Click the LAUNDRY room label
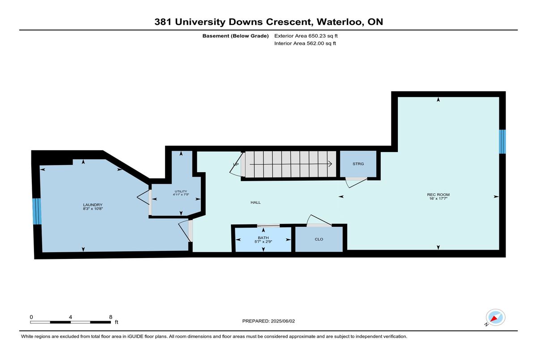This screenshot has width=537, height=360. coord(93,205)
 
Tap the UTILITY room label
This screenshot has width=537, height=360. coord(181,191)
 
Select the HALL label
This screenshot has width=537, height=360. coord(256,203)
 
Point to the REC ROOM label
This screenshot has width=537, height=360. coord(438,195)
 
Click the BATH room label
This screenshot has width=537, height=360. coord(263,237)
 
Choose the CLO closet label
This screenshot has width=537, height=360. coord(319,239)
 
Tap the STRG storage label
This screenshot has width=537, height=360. coord(358,164)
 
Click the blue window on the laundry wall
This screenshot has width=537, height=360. coord(37,211)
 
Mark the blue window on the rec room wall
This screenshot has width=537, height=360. coord(502,142)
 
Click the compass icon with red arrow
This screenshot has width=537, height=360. coord(495,318)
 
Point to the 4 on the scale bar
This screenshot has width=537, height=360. coord(71,317)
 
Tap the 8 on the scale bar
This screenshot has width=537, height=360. coord(111,317)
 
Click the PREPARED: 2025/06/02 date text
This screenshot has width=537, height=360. coord(268,321)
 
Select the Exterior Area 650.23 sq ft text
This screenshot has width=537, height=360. coord(306,36)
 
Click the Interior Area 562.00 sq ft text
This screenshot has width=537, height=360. coord(305,43)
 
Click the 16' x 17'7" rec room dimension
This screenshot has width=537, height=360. coord(438,199)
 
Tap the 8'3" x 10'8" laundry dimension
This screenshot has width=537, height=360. coord(93,209)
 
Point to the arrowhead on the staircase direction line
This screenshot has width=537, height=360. coord(330,164)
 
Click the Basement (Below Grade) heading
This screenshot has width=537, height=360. coord(235,36)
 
